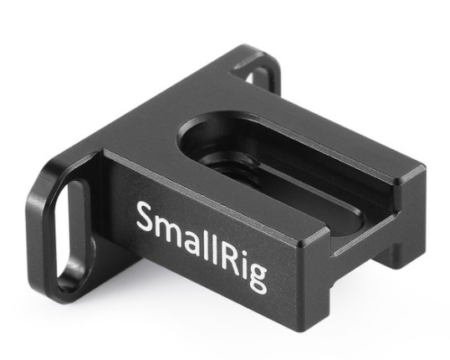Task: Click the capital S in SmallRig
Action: [143, 219]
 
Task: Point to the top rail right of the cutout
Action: [335, 142]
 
